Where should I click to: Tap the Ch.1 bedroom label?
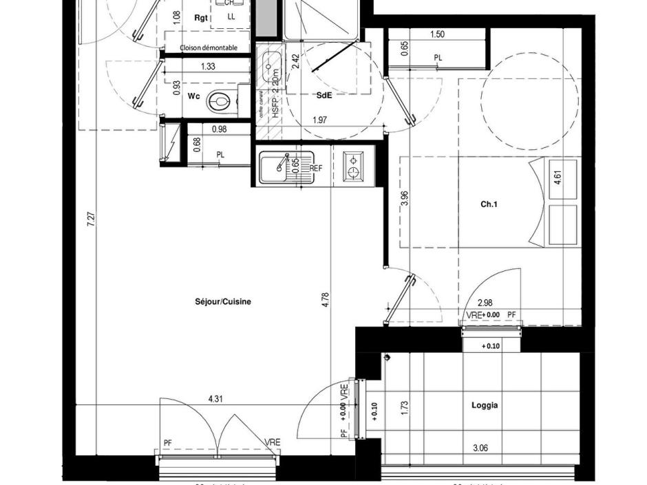489,204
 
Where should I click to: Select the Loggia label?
485,406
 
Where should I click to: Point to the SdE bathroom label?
324,96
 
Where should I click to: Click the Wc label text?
193,96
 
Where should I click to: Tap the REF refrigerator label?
316,168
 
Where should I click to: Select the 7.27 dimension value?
92,221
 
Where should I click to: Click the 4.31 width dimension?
215,398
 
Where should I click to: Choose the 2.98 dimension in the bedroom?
485,303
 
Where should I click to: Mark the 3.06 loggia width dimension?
480,449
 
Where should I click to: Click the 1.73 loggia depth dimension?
405,407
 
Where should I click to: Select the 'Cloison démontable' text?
209,48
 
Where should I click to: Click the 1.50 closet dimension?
437,34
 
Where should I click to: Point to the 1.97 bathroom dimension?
319,121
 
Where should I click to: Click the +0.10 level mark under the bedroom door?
490,346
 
